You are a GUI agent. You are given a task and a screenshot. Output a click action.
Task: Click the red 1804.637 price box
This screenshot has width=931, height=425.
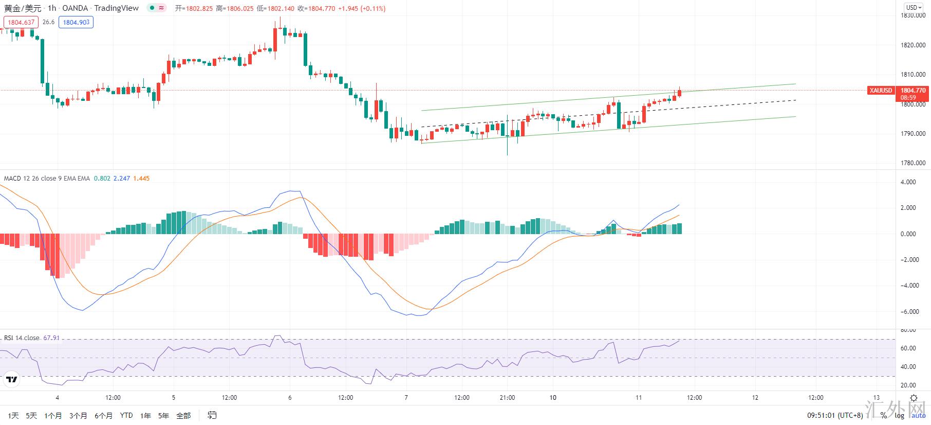(x=21, y=22)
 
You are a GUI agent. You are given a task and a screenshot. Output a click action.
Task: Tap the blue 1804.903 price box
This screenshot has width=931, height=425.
(x=76, y=22)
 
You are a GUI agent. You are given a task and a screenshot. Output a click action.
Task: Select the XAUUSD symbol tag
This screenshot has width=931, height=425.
(x=881, y=91)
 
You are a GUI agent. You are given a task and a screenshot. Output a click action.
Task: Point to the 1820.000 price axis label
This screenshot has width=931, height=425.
(x=913, y=45)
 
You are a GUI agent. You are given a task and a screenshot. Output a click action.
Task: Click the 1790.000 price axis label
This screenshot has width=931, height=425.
(x=913, y=134)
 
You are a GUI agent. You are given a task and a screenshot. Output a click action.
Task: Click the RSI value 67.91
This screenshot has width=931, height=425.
(x=51, y=338)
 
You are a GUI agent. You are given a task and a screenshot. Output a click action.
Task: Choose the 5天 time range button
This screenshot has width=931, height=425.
(x=31, y=415)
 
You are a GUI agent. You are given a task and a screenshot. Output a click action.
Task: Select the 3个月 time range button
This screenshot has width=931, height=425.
(x=78, y=415)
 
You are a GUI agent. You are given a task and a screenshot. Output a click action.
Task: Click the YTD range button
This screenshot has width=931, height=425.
(x=126, y=415)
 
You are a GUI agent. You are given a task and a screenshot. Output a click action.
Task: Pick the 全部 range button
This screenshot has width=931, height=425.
(x=183, y=415)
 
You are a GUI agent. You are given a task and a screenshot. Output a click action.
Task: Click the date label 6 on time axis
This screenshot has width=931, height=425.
(x=290, y=398)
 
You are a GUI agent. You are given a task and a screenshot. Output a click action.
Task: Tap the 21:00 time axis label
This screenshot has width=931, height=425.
(x=507, y=398)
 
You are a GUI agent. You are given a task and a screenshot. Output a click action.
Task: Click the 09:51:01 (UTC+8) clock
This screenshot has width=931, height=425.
(x=835, y=415)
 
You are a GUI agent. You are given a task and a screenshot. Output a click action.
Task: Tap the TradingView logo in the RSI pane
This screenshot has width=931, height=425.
(x=11, y=380)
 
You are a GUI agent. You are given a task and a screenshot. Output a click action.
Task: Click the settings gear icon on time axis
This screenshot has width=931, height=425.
(x=914, y=398)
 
